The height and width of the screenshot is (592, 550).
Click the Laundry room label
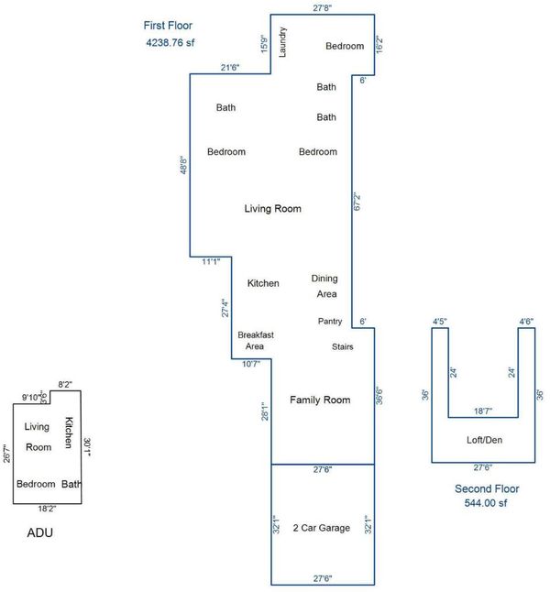click(x=282, y=42)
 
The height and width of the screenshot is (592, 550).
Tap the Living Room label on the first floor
click(x=273, y=208)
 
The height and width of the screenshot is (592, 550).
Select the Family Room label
click(x=320, y=400)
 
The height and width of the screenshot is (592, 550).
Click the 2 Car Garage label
click(x=322, y=528)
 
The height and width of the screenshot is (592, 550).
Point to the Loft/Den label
click(x=484, y=440)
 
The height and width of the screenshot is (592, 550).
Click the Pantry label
click(x=330, y=322)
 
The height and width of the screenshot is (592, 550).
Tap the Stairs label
click(x=343, y=346)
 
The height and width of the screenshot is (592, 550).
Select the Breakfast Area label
click(x=256, y=341)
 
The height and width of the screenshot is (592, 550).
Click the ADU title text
click(x=40, y=532)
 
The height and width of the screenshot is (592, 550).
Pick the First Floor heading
click(x=168, y=26)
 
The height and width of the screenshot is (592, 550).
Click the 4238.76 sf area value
click(x=170, y=42)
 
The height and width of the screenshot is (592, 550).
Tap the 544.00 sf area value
click(x=486, y=503)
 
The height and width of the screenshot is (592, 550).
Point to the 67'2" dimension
click(x=357, y=202)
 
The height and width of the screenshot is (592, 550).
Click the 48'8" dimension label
click(x=183, y=165)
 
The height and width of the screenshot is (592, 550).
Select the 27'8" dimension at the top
click(x=323, y=8)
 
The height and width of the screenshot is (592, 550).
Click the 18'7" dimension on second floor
click(x=483, y=411)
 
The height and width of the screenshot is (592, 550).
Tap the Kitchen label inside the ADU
click(x=69, y=433)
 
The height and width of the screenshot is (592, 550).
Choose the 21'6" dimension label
click(x=230, y=68)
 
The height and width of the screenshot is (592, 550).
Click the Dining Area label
click(x=324, y=286)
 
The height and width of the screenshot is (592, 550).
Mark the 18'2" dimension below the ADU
click(x=47, y=509)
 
